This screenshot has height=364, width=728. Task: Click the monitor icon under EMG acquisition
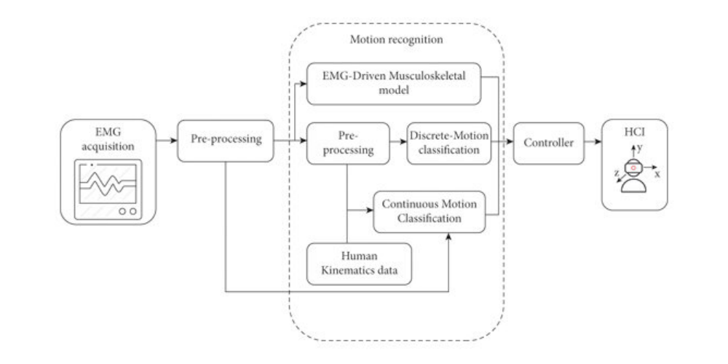tap(108, 191)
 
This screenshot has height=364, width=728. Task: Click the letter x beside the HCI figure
tap(658, 175)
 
